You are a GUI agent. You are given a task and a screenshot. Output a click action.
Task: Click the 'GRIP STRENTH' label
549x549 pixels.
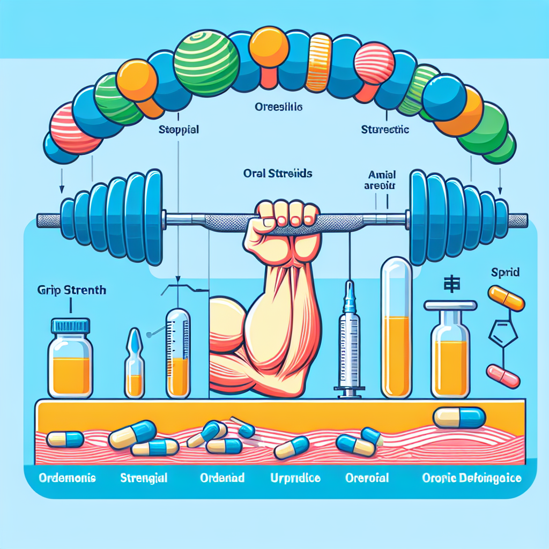pos(72,291)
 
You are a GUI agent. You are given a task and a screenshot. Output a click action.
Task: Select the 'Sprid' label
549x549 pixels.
pos(505,272)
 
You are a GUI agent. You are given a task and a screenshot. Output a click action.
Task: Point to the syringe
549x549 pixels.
pos(348,343)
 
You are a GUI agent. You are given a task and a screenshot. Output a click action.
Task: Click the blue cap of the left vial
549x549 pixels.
pos(70,325)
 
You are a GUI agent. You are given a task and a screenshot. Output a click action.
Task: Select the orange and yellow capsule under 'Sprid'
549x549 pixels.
pos(506,298)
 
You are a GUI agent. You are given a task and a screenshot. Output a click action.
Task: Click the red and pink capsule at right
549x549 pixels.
pos(503,376)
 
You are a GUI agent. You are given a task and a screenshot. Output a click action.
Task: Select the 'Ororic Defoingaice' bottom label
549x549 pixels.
pos(471,477)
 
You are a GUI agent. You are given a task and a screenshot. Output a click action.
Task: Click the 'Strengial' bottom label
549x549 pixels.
pos(144,477)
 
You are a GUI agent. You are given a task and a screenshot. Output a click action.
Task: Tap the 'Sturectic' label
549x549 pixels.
pos(385,130)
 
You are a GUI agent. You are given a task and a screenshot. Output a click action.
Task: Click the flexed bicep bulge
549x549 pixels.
pos(228,322)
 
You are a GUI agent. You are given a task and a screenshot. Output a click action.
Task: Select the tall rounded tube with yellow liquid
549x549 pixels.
pos(396,327)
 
